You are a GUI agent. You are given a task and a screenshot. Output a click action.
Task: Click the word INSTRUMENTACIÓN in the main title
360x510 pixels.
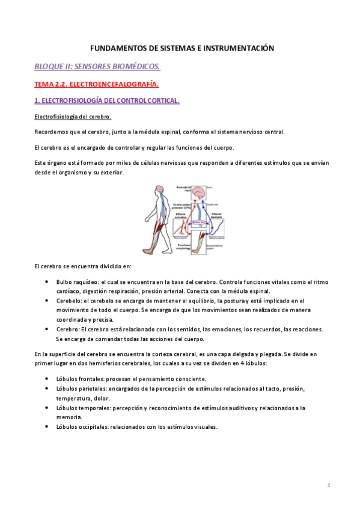pyautogui.click(x=236, y=48)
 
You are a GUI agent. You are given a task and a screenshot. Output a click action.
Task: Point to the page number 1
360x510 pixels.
pyautogui.click(x=329, y=485)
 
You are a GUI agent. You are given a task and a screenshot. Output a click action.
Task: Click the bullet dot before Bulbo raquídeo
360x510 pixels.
pyautogui.click(x=47, y=281)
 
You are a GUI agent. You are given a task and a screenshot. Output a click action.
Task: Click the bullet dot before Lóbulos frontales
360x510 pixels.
pyautogui.click(x=47, y=379)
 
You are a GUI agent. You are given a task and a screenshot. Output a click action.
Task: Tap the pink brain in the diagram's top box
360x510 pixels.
pyautogui.click(x=200, y=193)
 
